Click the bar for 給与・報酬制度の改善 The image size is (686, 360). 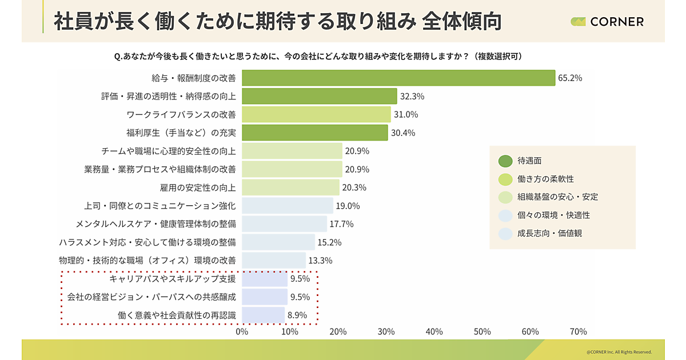[x=398, y=78]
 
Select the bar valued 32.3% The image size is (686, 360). [x=319, y=96]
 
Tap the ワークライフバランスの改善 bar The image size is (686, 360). [x=316, y=114]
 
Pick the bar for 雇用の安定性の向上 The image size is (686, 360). [x=290, y=187]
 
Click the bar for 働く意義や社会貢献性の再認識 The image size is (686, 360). [x=263, y=315]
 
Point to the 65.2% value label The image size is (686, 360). [x=571, y=78]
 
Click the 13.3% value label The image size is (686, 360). [x=320, y=261]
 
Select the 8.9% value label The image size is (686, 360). [x=297, y=315]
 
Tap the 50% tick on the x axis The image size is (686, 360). [x=482, y=332]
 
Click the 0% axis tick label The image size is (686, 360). [x=242, y=332]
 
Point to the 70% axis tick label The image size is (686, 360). [x=578, y=332]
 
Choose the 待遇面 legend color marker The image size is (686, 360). [x=505, y=161]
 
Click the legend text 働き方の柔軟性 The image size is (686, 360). [x=545, y=179]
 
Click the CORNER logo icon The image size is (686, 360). [x=578, y=22]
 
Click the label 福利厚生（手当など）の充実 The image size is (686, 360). [x=181, y=133]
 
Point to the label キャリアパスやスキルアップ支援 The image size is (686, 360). [x=172, y=279]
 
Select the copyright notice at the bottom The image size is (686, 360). [x=619, y=352]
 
